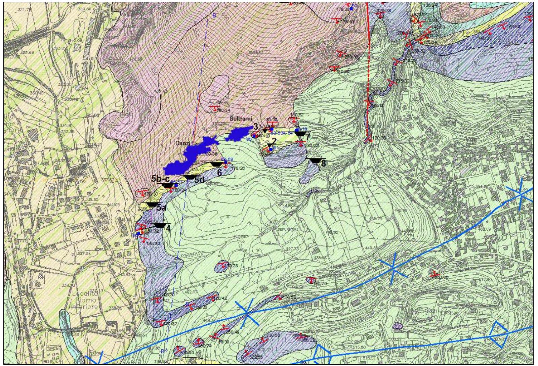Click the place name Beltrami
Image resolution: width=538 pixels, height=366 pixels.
tap(241, 119)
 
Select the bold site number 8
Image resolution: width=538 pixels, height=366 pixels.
tap(323, 164)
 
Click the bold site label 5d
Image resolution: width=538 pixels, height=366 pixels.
tap(199, 180)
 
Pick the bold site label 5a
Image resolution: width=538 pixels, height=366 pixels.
tap(162, 208)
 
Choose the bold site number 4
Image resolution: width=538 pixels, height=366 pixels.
tap(168, 228)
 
